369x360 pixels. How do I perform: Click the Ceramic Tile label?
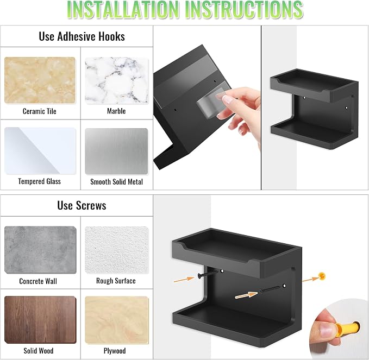point(40,111)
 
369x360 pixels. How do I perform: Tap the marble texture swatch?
point(116,81)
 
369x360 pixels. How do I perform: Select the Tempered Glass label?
point(40,181)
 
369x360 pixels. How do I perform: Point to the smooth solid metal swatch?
point(116,151)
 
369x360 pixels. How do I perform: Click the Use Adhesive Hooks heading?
point(82,36)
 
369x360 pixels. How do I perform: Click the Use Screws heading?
point(82,205)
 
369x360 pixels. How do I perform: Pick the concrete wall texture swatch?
point(40,250)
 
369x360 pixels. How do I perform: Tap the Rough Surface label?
point(116,281)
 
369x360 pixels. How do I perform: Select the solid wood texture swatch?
point(40,320)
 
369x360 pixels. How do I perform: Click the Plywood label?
point(115,351)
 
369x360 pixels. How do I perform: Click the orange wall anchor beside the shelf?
point(322,276)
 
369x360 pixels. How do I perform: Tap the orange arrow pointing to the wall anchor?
point(310,279)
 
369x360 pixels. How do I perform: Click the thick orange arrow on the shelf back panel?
point(246,295)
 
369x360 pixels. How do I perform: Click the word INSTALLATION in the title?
point(123,10)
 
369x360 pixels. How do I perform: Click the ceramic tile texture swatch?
point(40,80)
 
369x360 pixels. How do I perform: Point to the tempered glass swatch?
point(40,151)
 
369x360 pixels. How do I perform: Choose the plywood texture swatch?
point(117,320)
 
